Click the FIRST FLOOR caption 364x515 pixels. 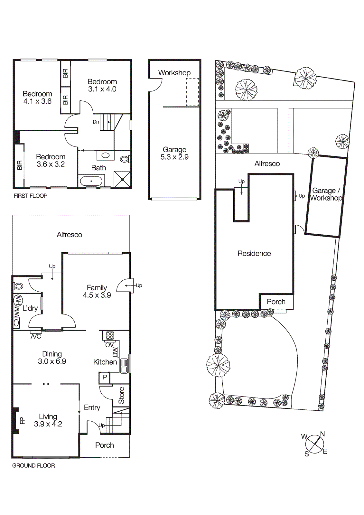click(31, 196)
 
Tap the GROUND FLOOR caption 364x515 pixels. click(33, 465)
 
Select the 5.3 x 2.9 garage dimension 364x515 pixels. click(174, 157)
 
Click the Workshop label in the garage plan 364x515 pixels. click(174, 73)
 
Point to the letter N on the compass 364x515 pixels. click(322, 434)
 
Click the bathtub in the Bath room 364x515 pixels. click(91, 181)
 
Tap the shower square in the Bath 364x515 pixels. click(122, 179)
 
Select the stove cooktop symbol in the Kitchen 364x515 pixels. click(110, 335)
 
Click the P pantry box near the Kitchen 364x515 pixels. click(105, 377)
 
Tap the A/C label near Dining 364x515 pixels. click(36, 336)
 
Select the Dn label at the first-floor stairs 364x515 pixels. click(96, 122)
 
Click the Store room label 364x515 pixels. click(121, 395)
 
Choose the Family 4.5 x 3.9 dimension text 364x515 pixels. click(97, 295)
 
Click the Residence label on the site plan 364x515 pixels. click(254, 253)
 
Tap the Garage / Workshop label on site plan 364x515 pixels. click(326, 194)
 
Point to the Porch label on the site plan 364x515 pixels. click(276, 302)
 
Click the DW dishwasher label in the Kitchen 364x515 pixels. click(115, 352)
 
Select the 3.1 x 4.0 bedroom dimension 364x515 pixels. click(102, 89)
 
